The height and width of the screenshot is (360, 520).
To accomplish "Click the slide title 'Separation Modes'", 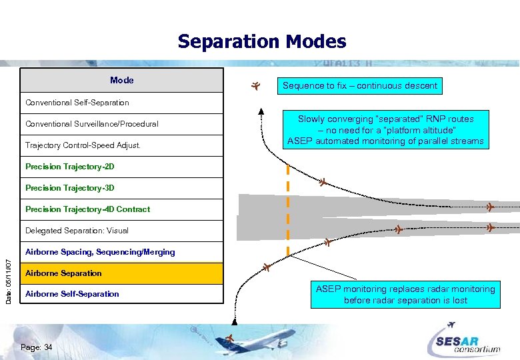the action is pyautogui.click(x=261, y=42).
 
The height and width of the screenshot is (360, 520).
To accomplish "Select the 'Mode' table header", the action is pyautogui.click(x=122, y=81).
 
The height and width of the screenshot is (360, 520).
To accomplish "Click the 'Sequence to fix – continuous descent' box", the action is pyautogui.click(x=360, y=85).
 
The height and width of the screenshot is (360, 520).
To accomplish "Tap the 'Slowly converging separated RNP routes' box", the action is pyautogui.click(x=385, y=130).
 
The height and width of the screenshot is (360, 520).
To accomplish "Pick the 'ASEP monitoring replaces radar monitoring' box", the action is pyautogui.click(x=405, y=295).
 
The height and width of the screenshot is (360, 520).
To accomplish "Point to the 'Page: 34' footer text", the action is pyautogui.click(x=37, y=347).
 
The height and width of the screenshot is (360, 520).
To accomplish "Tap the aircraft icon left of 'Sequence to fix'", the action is pyautogui.click(x=255, y=85).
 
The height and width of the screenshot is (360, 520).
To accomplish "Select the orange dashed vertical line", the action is pyautogui.click(x=288, y=207).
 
